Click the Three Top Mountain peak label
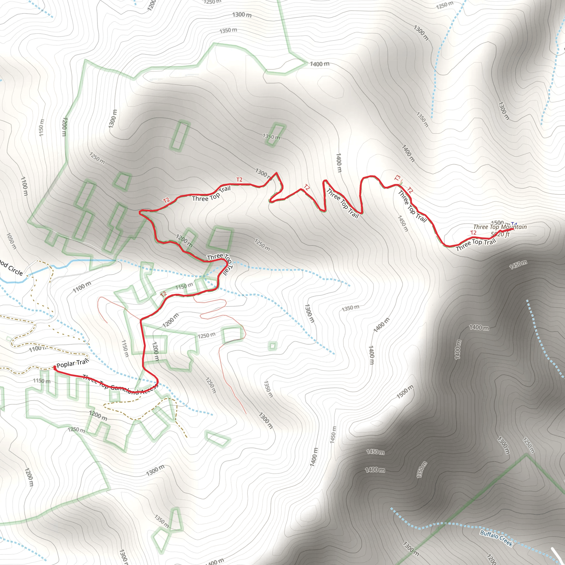[x=500, y=227]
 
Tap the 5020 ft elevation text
[x=500, y=234]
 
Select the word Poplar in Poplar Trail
[x=65, y=364]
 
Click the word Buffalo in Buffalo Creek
[x=489, y=535]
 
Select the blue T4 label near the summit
[x=514, y=224]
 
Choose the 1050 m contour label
[x=11, y=241]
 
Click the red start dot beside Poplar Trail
[x=55, y=367]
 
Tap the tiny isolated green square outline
[x=272, y=346]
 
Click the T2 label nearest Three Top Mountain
[x=473, y=233]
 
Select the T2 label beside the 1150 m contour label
[x=163, y=294]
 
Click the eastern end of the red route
[x=513, y=229]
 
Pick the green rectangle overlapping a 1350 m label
[x=275, y=135]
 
